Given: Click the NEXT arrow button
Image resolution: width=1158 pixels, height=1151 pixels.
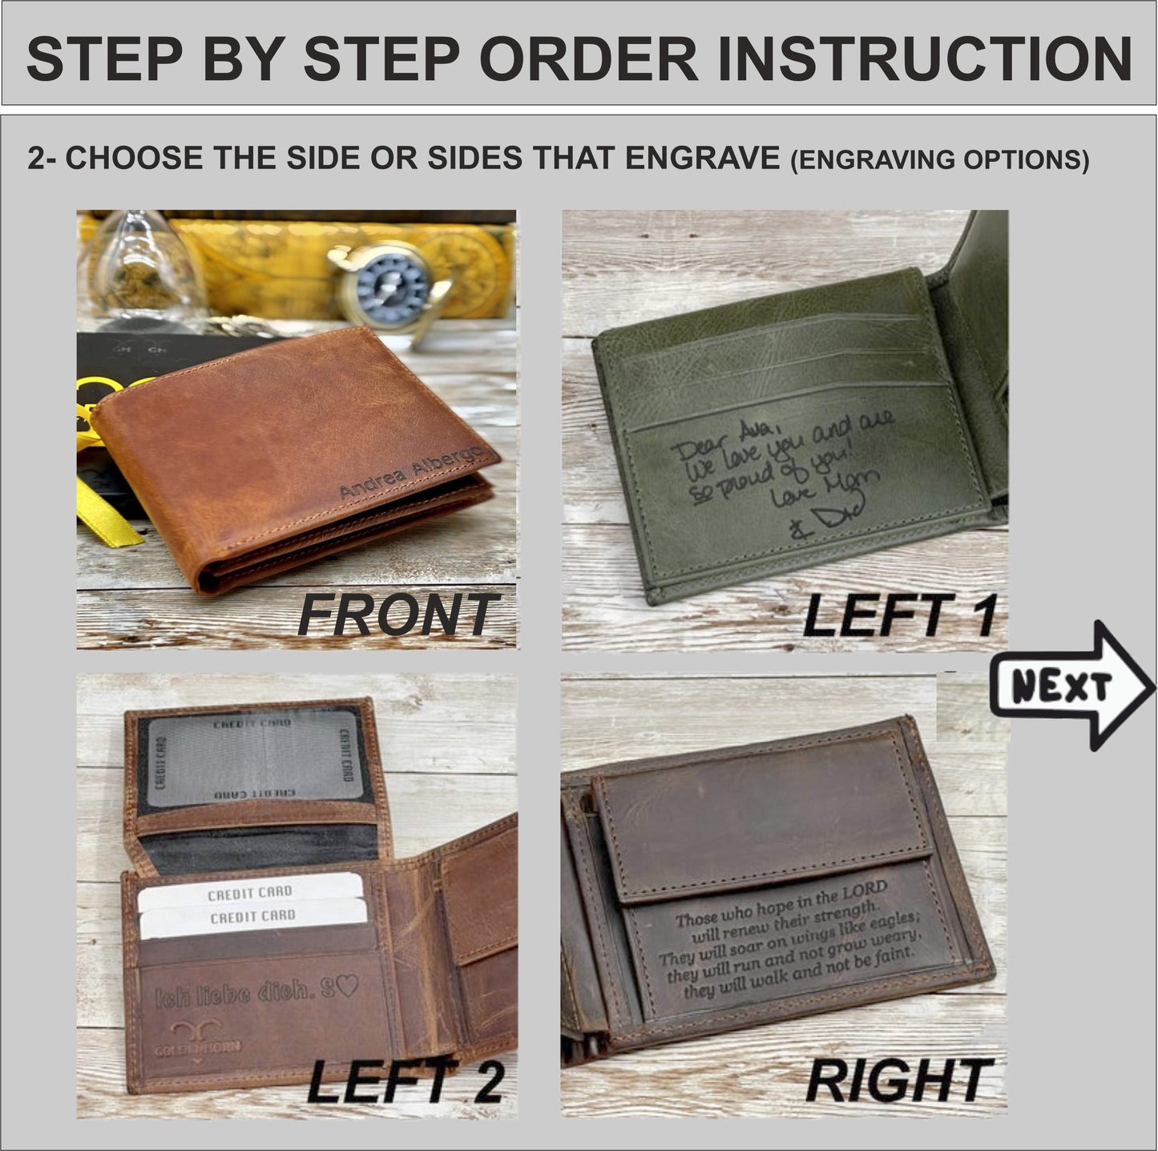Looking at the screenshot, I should pos(1071,686).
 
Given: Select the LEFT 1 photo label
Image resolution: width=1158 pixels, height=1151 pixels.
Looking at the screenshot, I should pos(899,616).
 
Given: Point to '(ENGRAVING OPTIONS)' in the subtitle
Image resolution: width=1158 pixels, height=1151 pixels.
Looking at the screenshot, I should pos(939,160).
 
